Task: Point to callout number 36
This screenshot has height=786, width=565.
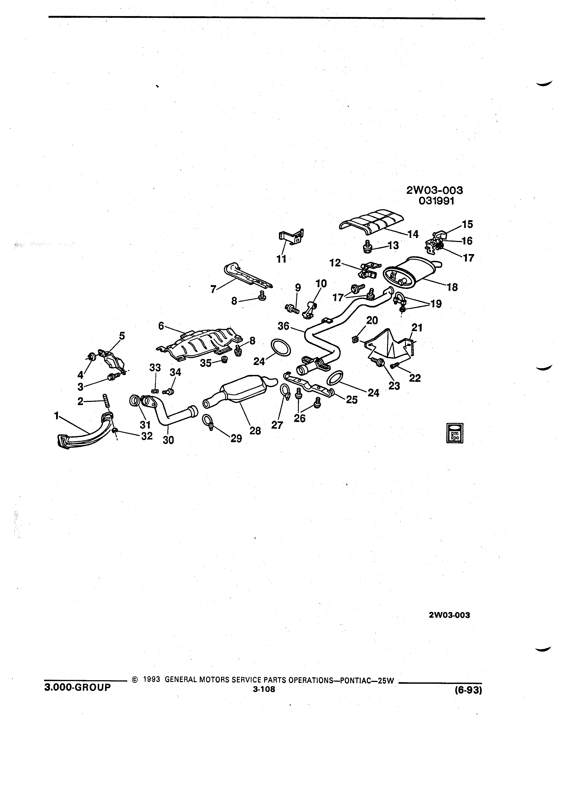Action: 283,326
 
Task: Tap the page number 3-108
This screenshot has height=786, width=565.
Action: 264,689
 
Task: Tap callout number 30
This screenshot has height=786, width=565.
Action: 169,440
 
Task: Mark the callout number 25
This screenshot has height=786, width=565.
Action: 352,399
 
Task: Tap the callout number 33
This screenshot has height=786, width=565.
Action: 155,367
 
